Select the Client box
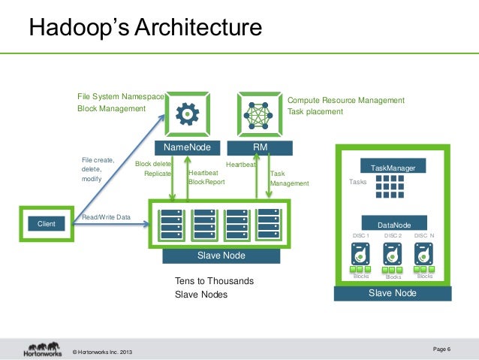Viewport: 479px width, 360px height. click(x=42, y=223)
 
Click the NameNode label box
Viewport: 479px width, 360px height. click(x=188, y=147)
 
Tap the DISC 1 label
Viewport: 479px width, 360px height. click(x=361, y=236)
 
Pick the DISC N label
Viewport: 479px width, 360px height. click(x=424, y=236)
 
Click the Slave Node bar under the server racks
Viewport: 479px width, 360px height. click(x=221, y=256)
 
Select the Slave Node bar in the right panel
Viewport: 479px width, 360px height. click(x=393, y=293)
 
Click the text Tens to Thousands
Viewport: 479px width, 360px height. click(x=214, y=281)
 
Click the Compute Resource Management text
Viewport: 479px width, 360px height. click(x=346, y=100)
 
